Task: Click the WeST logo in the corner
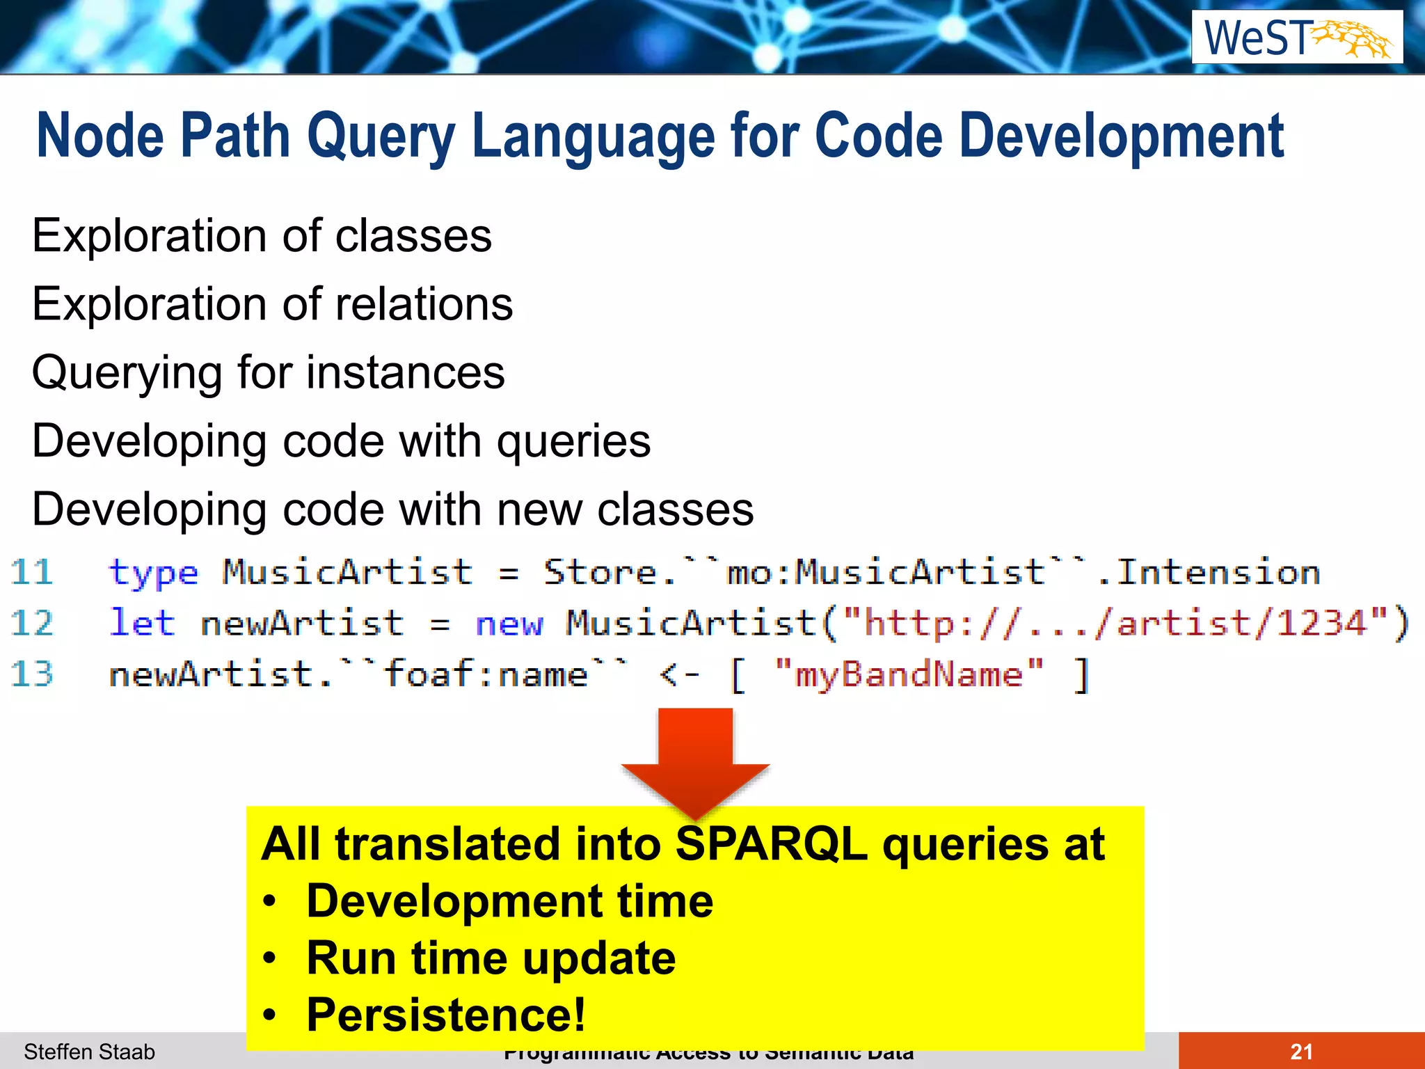[x=1297, y=38]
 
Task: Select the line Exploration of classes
[x=262, y=236]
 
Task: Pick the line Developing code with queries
[x=341, y=442]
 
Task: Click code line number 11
[x=32, y=573]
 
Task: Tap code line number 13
[x=32, y=674]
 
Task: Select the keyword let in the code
[x=142, y=623]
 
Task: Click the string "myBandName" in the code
[x=909, y=674]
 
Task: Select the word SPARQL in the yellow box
[x=771, y=844]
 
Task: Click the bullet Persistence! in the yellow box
[x=445, y=1015]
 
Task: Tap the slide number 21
[x=1301, y=1052]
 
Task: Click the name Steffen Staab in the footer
[x=89, y=1052]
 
